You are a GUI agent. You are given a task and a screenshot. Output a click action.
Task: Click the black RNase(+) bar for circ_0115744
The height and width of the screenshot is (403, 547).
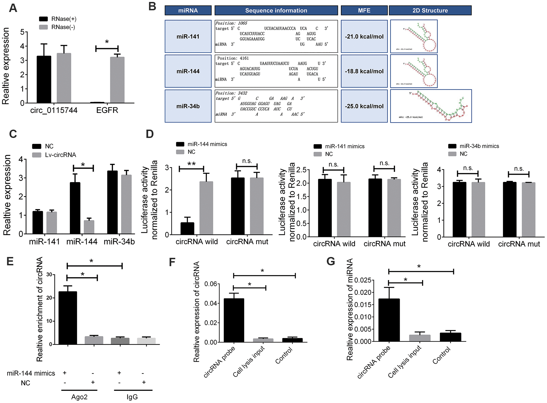tap(44, 80)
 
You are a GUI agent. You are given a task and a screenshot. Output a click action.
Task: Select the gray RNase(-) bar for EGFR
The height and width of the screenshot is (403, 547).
tap(117, 80)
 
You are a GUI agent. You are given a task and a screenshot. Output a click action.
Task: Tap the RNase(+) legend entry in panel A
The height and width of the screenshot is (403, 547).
tap(58, 19)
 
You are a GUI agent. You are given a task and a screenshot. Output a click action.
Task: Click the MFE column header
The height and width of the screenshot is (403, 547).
tap(364, 11)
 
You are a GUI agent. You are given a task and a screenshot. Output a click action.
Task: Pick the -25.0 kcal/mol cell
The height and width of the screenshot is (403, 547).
tap(364, 106)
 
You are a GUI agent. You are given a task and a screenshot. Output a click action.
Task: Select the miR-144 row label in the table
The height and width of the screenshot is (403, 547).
tap(188, 71)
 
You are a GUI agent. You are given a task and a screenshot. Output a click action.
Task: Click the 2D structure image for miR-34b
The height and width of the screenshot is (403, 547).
tap(431, 106)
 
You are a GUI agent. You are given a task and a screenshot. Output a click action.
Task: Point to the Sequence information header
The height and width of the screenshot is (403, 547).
tap(276, 11)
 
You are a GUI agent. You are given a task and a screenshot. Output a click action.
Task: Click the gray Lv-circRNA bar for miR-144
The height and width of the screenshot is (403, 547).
tap(89, 227)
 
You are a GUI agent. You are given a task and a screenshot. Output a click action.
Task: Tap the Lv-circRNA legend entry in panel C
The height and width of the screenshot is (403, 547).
tap(55, 155)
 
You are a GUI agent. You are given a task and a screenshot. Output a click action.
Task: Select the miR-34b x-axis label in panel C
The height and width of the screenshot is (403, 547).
tap(119, 242)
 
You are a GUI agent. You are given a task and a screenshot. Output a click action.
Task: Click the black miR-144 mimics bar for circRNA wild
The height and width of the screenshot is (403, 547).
tap(187, 229)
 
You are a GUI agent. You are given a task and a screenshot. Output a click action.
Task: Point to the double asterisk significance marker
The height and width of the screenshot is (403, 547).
tap(192, 164)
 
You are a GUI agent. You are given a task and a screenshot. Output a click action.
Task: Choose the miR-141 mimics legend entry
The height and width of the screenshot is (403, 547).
tap(339, 146)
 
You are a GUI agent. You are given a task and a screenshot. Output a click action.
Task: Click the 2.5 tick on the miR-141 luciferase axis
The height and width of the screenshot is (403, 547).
tap(301, 170)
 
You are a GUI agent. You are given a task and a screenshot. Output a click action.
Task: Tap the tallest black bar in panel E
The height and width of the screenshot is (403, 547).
tap(68, 318)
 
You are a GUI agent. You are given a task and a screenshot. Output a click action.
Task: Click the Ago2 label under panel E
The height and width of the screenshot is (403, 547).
tap(79, 397)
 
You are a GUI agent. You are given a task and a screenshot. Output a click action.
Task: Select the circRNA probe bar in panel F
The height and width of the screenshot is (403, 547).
tap(234, 320)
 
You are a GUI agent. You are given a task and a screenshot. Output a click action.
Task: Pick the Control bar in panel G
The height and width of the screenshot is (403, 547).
tap(450, 337)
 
